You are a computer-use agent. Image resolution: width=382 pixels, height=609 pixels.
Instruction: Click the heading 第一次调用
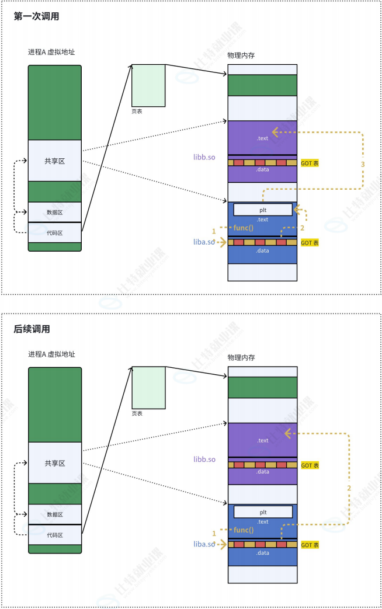36,16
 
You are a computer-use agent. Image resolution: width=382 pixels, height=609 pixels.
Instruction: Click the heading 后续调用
32,329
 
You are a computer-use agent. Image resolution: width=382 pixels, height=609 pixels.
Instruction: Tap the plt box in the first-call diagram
263,209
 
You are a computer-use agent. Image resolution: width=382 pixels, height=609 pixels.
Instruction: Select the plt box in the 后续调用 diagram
263,512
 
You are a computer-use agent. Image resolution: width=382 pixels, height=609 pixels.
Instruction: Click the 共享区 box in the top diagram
55,161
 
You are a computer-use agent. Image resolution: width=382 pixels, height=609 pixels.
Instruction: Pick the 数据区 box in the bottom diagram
55,514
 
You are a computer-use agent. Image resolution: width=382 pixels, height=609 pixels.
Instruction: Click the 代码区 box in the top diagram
55,232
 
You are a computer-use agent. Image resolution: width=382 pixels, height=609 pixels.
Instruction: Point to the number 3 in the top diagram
363,165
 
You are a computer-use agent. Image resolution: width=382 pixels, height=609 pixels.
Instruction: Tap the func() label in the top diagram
244,227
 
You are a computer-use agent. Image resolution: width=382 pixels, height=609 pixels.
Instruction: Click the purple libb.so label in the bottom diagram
204,460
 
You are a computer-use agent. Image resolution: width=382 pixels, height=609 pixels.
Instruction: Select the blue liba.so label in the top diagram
204,242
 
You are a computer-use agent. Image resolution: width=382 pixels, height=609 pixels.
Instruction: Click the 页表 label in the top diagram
137,111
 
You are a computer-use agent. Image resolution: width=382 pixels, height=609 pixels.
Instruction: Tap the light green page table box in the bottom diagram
148,387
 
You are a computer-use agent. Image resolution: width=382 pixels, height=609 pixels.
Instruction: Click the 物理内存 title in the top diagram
241,55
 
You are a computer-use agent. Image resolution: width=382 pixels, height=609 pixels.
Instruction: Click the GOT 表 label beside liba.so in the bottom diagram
310,545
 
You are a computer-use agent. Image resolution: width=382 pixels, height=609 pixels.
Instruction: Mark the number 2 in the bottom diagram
349,487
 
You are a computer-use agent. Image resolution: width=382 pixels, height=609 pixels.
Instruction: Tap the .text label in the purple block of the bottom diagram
263,440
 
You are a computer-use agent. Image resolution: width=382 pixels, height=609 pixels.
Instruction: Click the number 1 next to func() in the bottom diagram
214,533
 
